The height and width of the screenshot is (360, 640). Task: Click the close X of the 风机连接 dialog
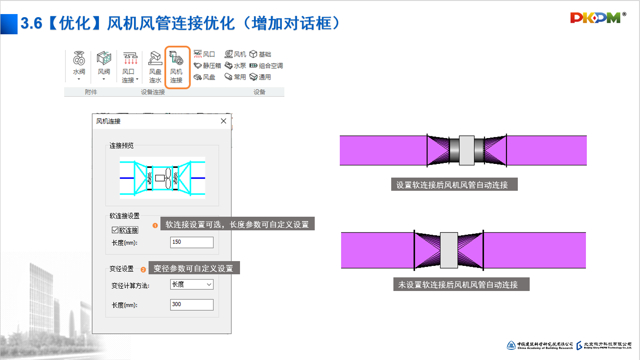pyautogui.click(x=223, y=121)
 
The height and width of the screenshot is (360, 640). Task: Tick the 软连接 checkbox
pyautogui.click(x=115, y=230)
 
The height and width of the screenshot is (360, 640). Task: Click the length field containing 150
pyautogui.click(x=192, y=242)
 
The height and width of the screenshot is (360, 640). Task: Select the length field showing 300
pyautogui.click(x=192, y=305)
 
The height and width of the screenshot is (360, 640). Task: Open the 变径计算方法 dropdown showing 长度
pyautogui.click(x=192, y=284)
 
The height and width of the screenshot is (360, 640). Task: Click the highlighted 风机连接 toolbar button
pyautogui.click(x=177, y=67)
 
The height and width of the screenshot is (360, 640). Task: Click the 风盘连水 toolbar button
pyautogui.click(x=155, y=67)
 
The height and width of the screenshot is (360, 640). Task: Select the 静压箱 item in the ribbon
pyautogui.click(x=207, y=66)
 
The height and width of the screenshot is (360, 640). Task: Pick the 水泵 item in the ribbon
pyautogui.click(x=235, y=66)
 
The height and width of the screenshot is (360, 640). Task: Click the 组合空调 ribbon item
pyautogui.click(x=266, y=66)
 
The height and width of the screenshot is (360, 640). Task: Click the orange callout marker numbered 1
pyautogui.click(x=155, y=226)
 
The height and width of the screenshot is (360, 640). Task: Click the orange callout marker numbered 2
pyautogui.click(x=143, y=269)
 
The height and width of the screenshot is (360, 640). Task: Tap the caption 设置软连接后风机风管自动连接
pyautogui.click(x=455, y=185)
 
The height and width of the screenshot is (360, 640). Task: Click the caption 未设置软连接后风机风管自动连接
pyautogui.click(x=461, y=284)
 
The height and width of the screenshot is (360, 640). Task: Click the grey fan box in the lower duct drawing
pyautogui.click(x=449, y=250)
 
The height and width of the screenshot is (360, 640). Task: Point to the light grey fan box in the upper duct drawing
pyautogui.click(x=467, y=150)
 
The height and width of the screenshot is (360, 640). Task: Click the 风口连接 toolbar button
pyautogui.click(x=130, y=67)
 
